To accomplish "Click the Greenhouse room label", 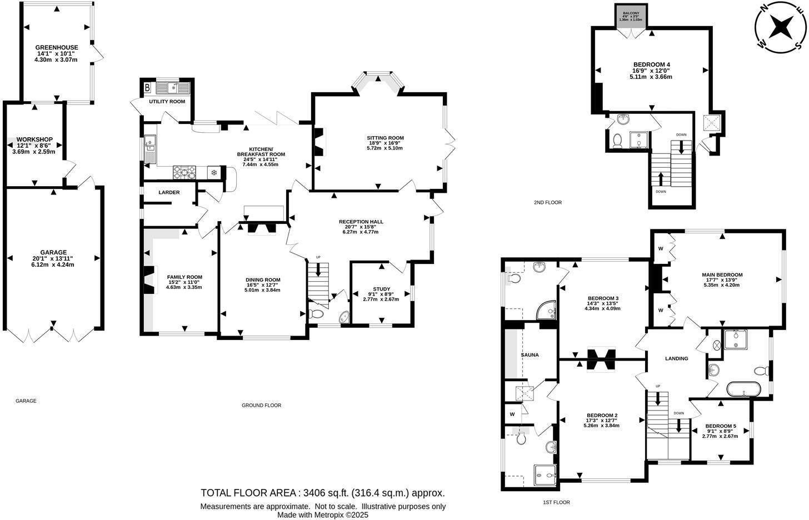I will pos(57,47).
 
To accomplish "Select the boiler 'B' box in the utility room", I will pos(147,87).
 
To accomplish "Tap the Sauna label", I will pos(530,354).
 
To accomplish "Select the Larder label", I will pos(169,192).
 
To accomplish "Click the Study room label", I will pos(382,289).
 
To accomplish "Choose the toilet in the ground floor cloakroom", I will pos(317,314).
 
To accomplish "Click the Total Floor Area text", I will pos(323,493).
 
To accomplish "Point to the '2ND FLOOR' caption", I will pos(547,203).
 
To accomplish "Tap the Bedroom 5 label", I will pos(721,426).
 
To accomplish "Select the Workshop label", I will pos(34,139).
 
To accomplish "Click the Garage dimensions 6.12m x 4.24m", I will pos(54,265).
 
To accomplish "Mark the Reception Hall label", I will pos(361,222).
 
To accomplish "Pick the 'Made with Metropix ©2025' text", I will pos(323,515).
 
